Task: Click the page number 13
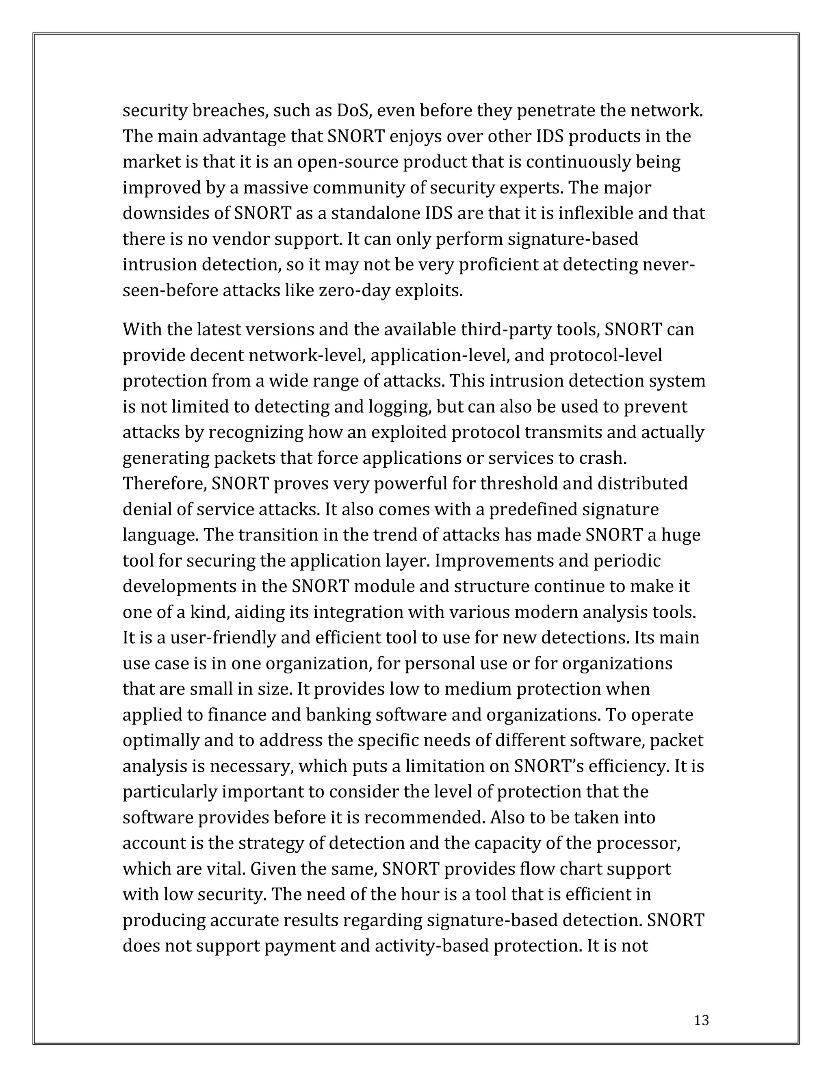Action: pos(701,1020)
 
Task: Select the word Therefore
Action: pos(164,483)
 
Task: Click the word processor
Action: pos(638,843)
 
